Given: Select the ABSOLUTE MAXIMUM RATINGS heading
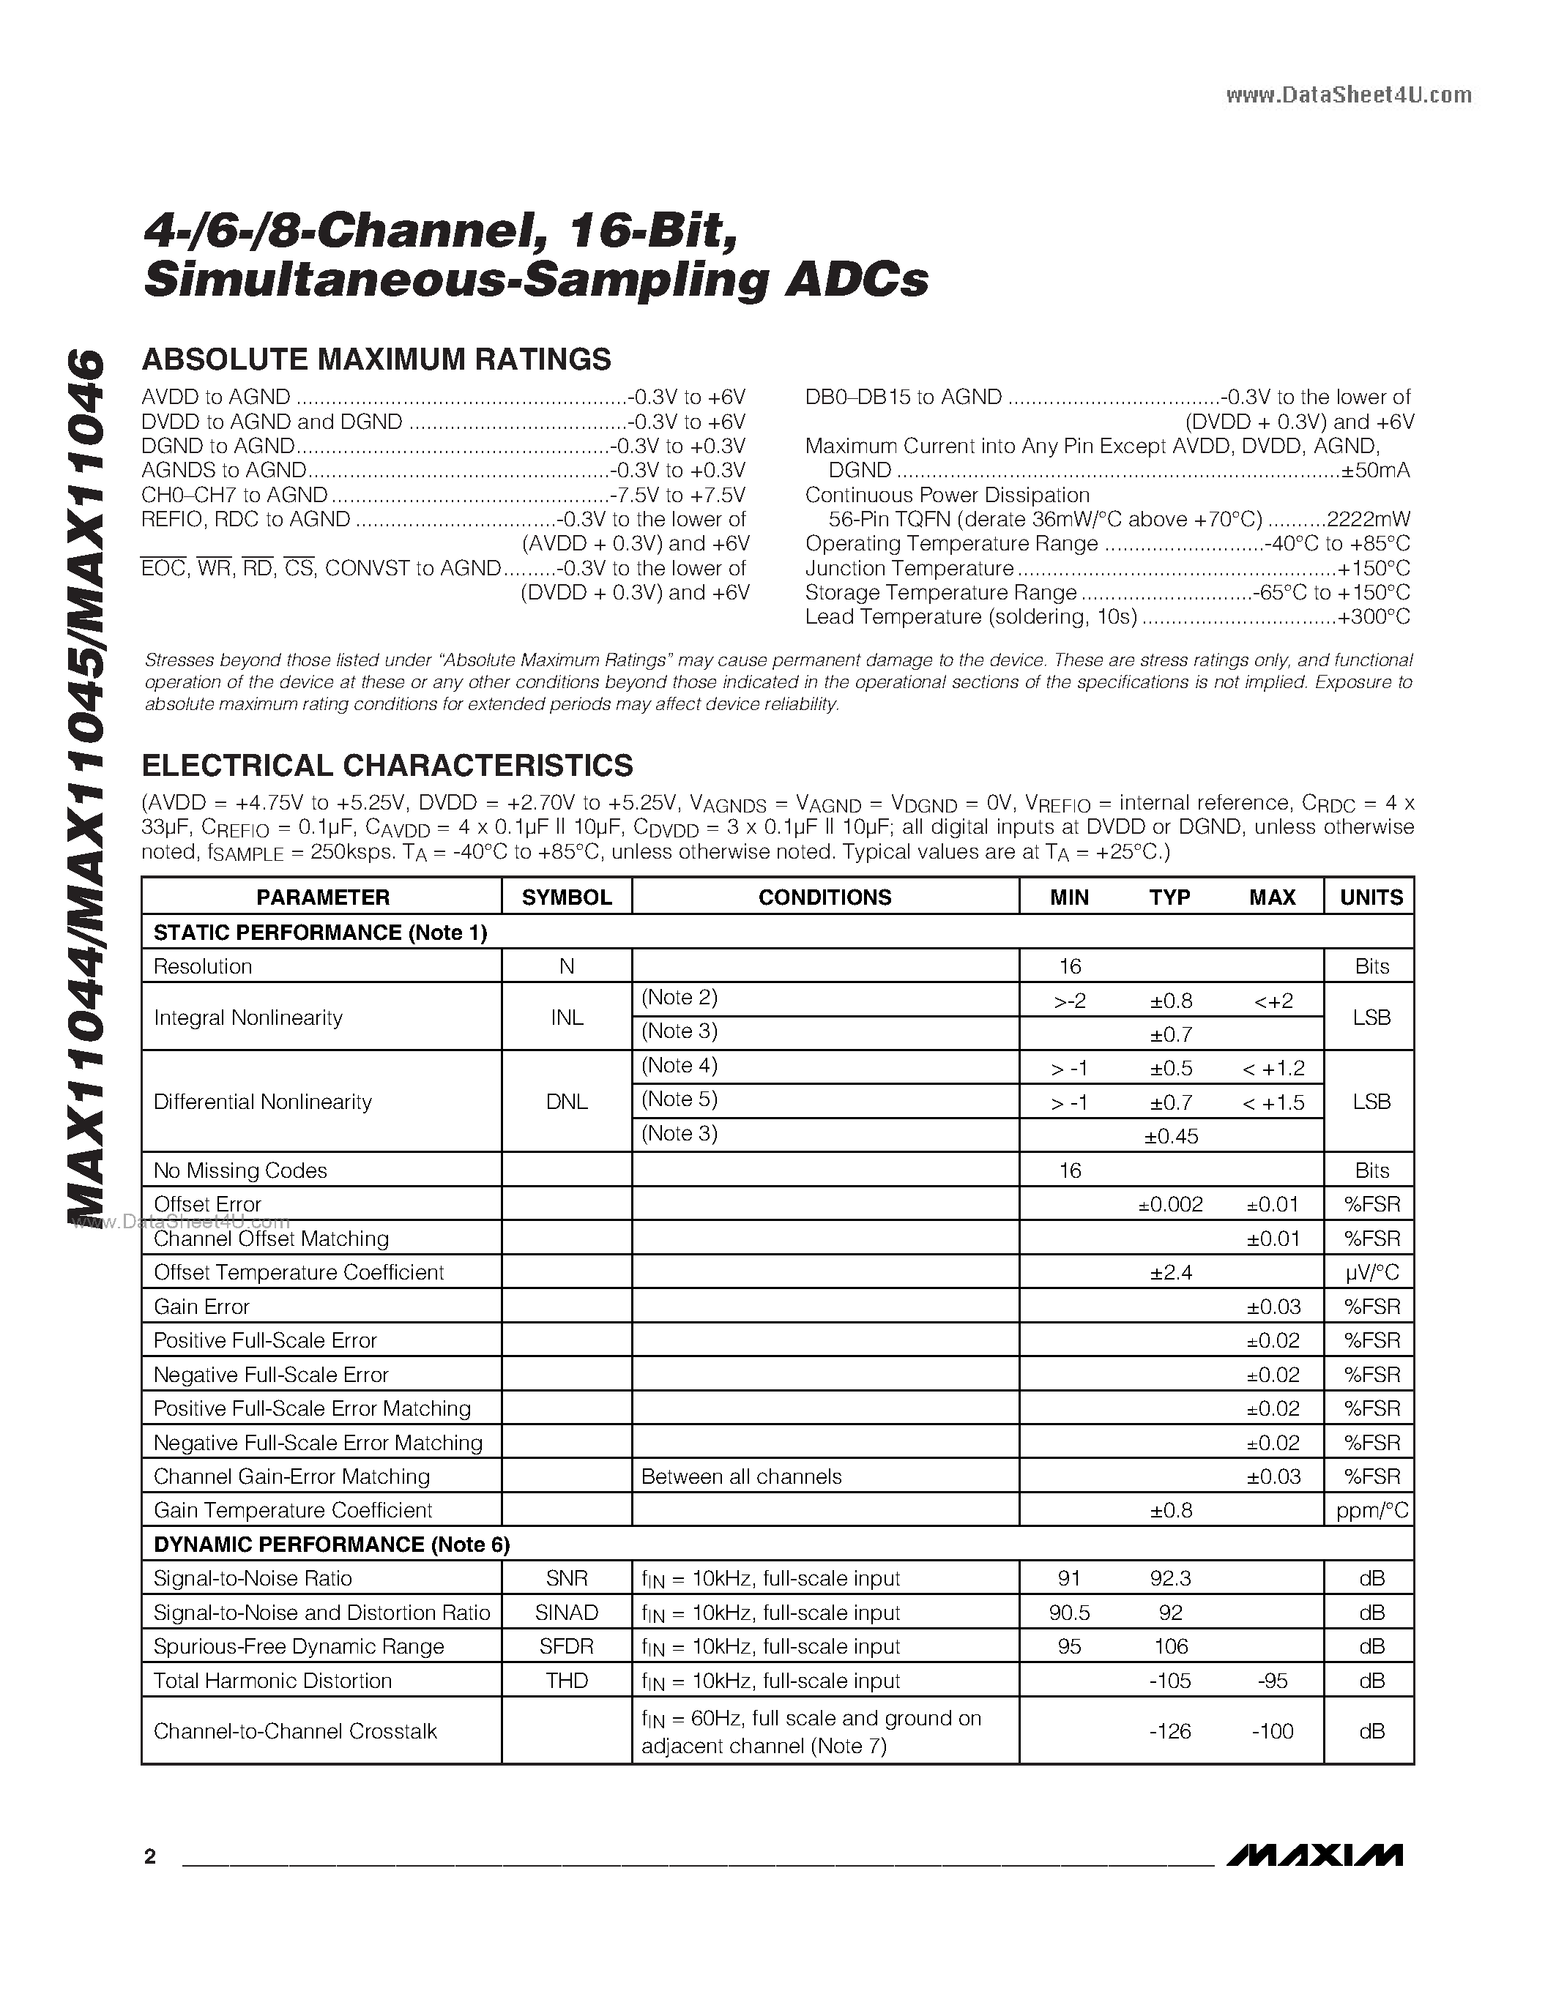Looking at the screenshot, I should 376,359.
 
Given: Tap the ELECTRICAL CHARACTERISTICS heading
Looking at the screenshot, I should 387,765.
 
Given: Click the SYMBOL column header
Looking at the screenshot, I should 566,897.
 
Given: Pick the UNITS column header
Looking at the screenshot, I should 1371,897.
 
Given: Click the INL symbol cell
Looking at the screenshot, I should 566,1017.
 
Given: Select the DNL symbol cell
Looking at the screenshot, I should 566,1102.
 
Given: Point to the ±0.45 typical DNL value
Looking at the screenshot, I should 1171,1137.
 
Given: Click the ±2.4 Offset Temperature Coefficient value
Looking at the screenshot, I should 1171,1273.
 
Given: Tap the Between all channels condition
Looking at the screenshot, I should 741,1476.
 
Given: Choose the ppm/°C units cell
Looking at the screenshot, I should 1371,1511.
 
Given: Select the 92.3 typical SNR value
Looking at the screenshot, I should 1171,1578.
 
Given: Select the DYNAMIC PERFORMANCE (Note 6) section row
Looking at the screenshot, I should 332,1544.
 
